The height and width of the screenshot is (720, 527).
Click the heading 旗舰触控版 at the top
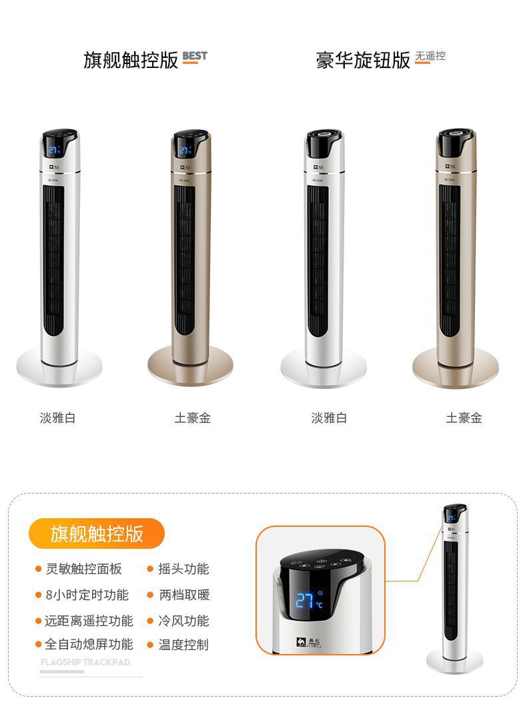(131, 60)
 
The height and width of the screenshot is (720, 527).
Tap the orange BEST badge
(195, 56)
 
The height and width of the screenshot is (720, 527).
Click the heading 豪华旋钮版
(363, 60)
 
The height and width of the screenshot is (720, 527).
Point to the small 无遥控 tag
(430, 56)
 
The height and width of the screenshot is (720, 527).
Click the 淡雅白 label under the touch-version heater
(58, 418)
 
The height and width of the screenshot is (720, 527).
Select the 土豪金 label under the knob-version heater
(464, 418)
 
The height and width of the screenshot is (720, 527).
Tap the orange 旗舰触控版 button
(97, 534)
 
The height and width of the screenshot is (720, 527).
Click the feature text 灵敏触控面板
(83, 569)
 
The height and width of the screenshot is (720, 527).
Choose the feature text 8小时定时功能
(87, 595)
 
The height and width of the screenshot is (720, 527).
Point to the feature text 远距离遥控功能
(89, 621)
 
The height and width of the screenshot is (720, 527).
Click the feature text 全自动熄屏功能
(89, 644)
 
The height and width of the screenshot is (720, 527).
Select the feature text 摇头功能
(183, 569)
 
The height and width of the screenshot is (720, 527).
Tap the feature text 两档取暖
(183, 595)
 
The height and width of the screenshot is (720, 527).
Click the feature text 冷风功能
(183, 621)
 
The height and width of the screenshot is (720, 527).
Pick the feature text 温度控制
(183, 644)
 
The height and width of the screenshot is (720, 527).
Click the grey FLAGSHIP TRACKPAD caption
(85, 663)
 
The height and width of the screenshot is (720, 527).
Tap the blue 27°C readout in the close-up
(309, 600)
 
